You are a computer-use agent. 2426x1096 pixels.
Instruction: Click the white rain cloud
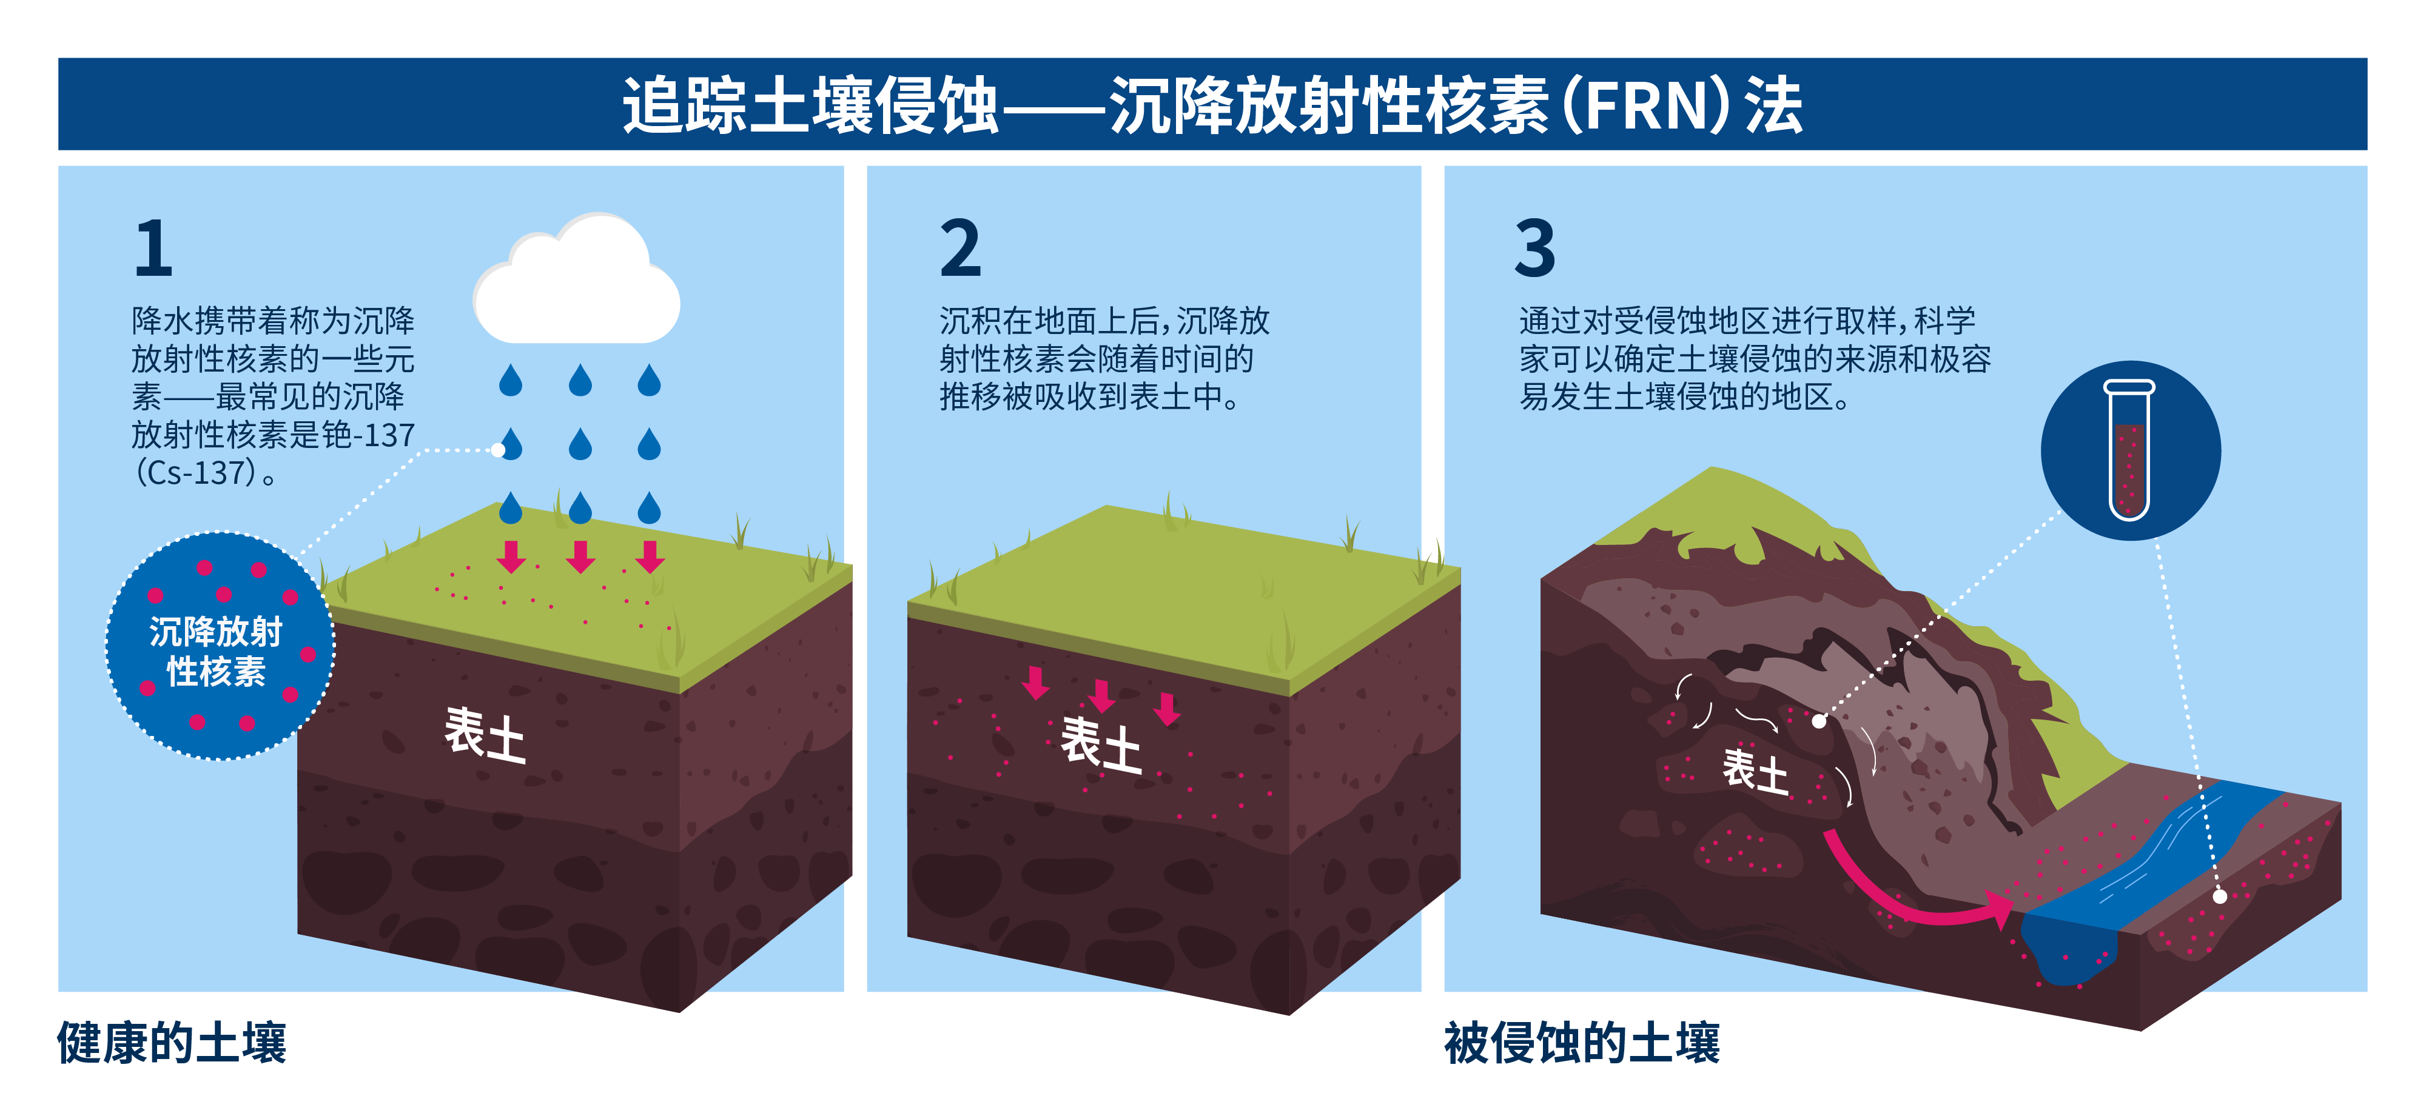click(x=576, y=279)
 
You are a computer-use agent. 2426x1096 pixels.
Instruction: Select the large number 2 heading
click(x=961, y=248)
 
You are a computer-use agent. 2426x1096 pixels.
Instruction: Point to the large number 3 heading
click(x=1535, y=248)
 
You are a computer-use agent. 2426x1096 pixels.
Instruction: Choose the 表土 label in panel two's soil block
click(x=1101, y=744)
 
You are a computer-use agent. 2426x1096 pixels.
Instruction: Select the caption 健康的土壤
click(x=172, y=1042)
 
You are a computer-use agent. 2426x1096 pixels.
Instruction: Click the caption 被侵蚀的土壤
click(x=1582, y=1042)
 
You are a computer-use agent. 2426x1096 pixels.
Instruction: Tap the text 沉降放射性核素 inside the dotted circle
click(x=217, y=650)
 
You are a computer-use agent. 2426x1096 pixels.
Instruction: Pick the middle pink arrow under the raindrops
click(x=580, y=556)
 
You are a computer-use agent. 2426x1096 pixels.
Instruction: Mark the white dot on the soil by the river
click(x=2220, y=897)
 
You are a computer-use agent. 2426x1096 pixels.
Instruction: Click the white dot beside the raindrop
click(x=497, y=450)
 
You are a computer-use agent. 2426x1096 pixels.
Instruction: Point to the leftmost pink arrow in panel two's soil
click(x=1036, y=683)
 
